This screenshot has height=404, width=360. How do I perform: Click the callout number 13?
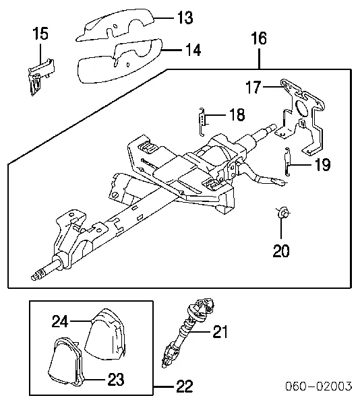tap(185, 18)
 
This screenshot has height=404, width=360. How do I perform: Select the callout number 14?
tap(193, 50)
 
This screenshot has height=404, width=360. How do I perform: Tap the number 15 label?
tap(40, 34)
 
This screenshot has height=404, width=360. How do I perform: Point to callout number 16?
tap(259, 38)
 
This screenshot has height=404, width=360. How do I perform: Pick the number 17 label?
tap(253, 87)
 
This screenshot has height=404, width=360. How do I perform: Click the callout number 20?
tap(281, 250)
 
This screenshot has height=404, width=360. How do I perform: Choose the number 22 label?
tap(185, 386)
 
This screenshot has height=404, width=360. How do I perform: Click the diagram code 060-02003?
tap(318, 386)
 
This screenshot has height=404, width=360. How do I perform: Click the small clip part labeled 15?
tap(40, 77)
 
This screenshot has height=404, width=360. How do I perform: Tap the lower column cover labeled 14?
tap(119, 62)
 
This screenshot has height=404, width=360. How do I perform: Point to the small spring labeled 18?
tap(202, 122)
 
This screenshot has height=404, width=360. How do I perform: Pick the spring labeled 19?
tap(288, 162)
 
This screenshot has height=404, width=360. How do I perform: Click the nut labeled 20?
tap(283, 213)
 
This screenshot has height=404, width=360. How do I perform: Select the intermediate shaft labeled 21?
tap(187, 333)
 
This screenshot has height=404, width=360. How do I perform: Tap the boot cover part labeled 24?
tap(105, 334)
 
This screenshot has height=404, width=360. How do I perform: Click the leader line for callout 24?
tap(80, 321)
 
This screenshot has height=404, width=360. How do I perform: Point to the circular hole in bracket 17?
tap(301, 108)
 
